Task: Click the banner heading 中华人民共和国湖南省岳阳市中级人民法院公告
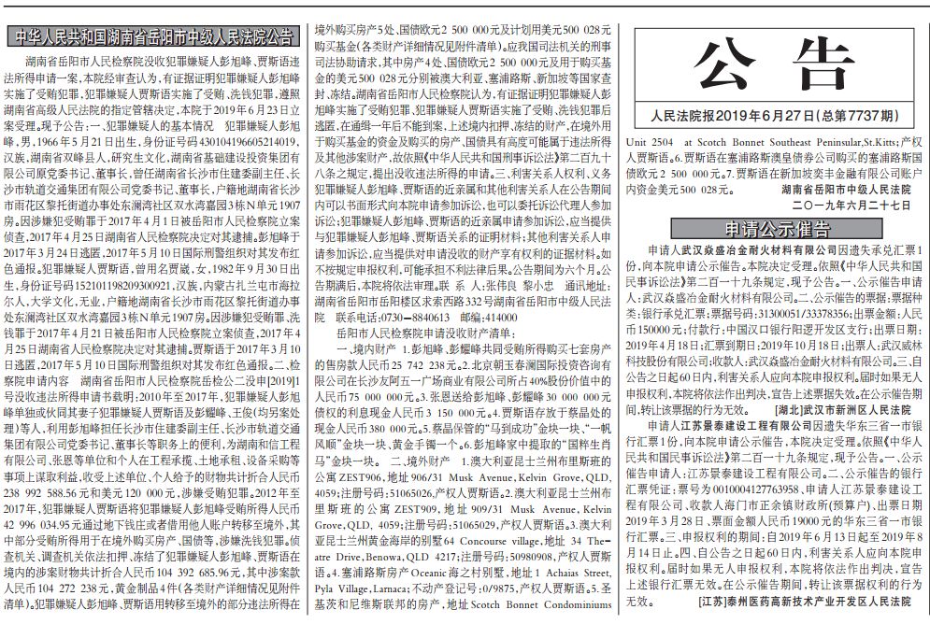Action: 155,37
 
